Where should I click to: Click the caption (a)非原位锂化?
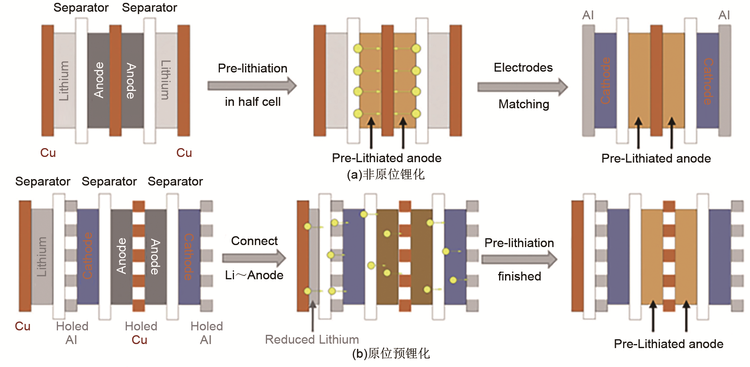pos(385,175)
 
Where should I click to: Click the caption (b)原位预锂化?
pos(391,353)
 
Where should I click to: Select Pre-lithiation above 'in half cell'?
pos(253,68)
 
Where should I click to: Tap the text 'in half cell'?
pos(253,102)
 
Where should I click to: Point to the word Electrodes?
pos(523,68)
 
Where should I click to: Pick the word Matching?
pos(524,104)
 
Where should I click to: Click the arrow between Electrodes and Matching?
pos(522,87)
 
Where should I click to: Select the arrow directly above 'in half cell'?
pos(252,85)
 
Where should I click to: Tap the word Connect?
pos(254,241)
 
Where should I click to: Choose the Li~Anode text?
pos(254,275)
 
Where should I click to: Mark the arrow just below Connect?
pos(254,258)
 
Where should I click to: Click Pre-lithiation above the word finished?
pos(519,243)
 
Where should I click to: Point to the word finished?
pos(519,276)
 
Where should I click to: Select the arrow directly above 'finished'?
pos(519,260)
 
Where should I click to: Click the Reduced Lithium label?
pos(312,340)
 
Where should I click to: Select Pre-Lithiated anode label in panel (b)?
pos(668,344)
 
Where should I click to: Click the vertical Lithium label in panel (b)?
pos(42,257)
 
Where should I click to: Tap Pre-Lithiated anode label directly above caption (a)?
pos(386,158)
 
